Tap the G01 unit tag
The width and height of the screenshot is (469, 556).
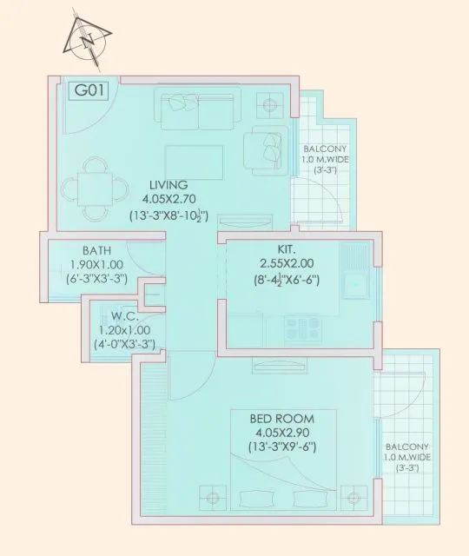tap(87, 91)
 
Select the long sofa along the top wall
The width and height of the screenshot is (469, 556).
tap(195, 108)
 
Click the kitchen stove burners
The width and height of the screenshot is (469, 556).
tap(305, 328)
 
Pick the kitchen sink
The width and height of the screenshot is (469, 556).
tap(357, 282)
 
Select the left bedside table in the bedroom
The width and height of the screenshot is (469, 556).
tap(211, 500)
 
